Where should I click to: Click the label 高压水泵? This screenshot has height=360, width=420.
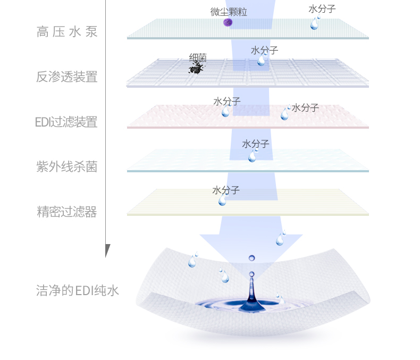67,32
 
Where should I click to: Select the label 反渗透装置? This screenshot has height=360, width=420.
67,77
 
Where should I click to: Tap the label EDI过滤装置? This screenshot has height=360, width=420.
66,122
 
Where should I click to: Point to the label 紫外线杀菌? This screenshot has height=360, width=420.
67,167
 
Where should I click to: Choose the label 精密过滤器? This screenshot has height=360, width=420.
67,212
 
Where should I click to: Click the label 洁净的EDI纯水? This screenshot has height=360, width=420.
78,290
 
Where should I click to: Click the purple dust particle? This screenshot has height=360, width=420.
228,22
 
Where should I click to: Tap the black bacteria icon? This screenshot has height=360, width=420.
196,68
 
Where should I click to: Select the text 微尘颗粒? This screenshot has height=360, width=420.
229,12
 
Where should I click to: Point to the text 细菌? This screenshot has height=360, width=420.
198,57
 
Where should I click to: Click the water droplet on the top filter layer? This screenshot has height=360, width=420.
315,23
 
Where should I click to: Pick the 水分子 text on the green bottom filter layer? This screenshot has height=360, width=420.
226,190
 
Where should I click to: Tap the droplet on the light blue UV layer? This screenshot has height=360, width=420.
253,156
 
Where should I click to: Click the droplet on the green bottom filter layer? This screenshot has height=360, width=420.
222,200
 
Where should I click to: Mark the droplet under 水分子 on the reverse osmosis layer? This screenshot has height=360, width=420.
261,60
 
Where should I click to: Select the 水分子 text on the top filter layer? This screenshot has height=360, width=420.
322,9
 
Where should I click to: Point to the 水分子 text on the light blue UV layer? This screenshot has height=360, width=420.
256,144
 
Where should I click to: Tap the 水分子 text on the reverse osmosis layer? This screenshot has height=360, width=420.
265,50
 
